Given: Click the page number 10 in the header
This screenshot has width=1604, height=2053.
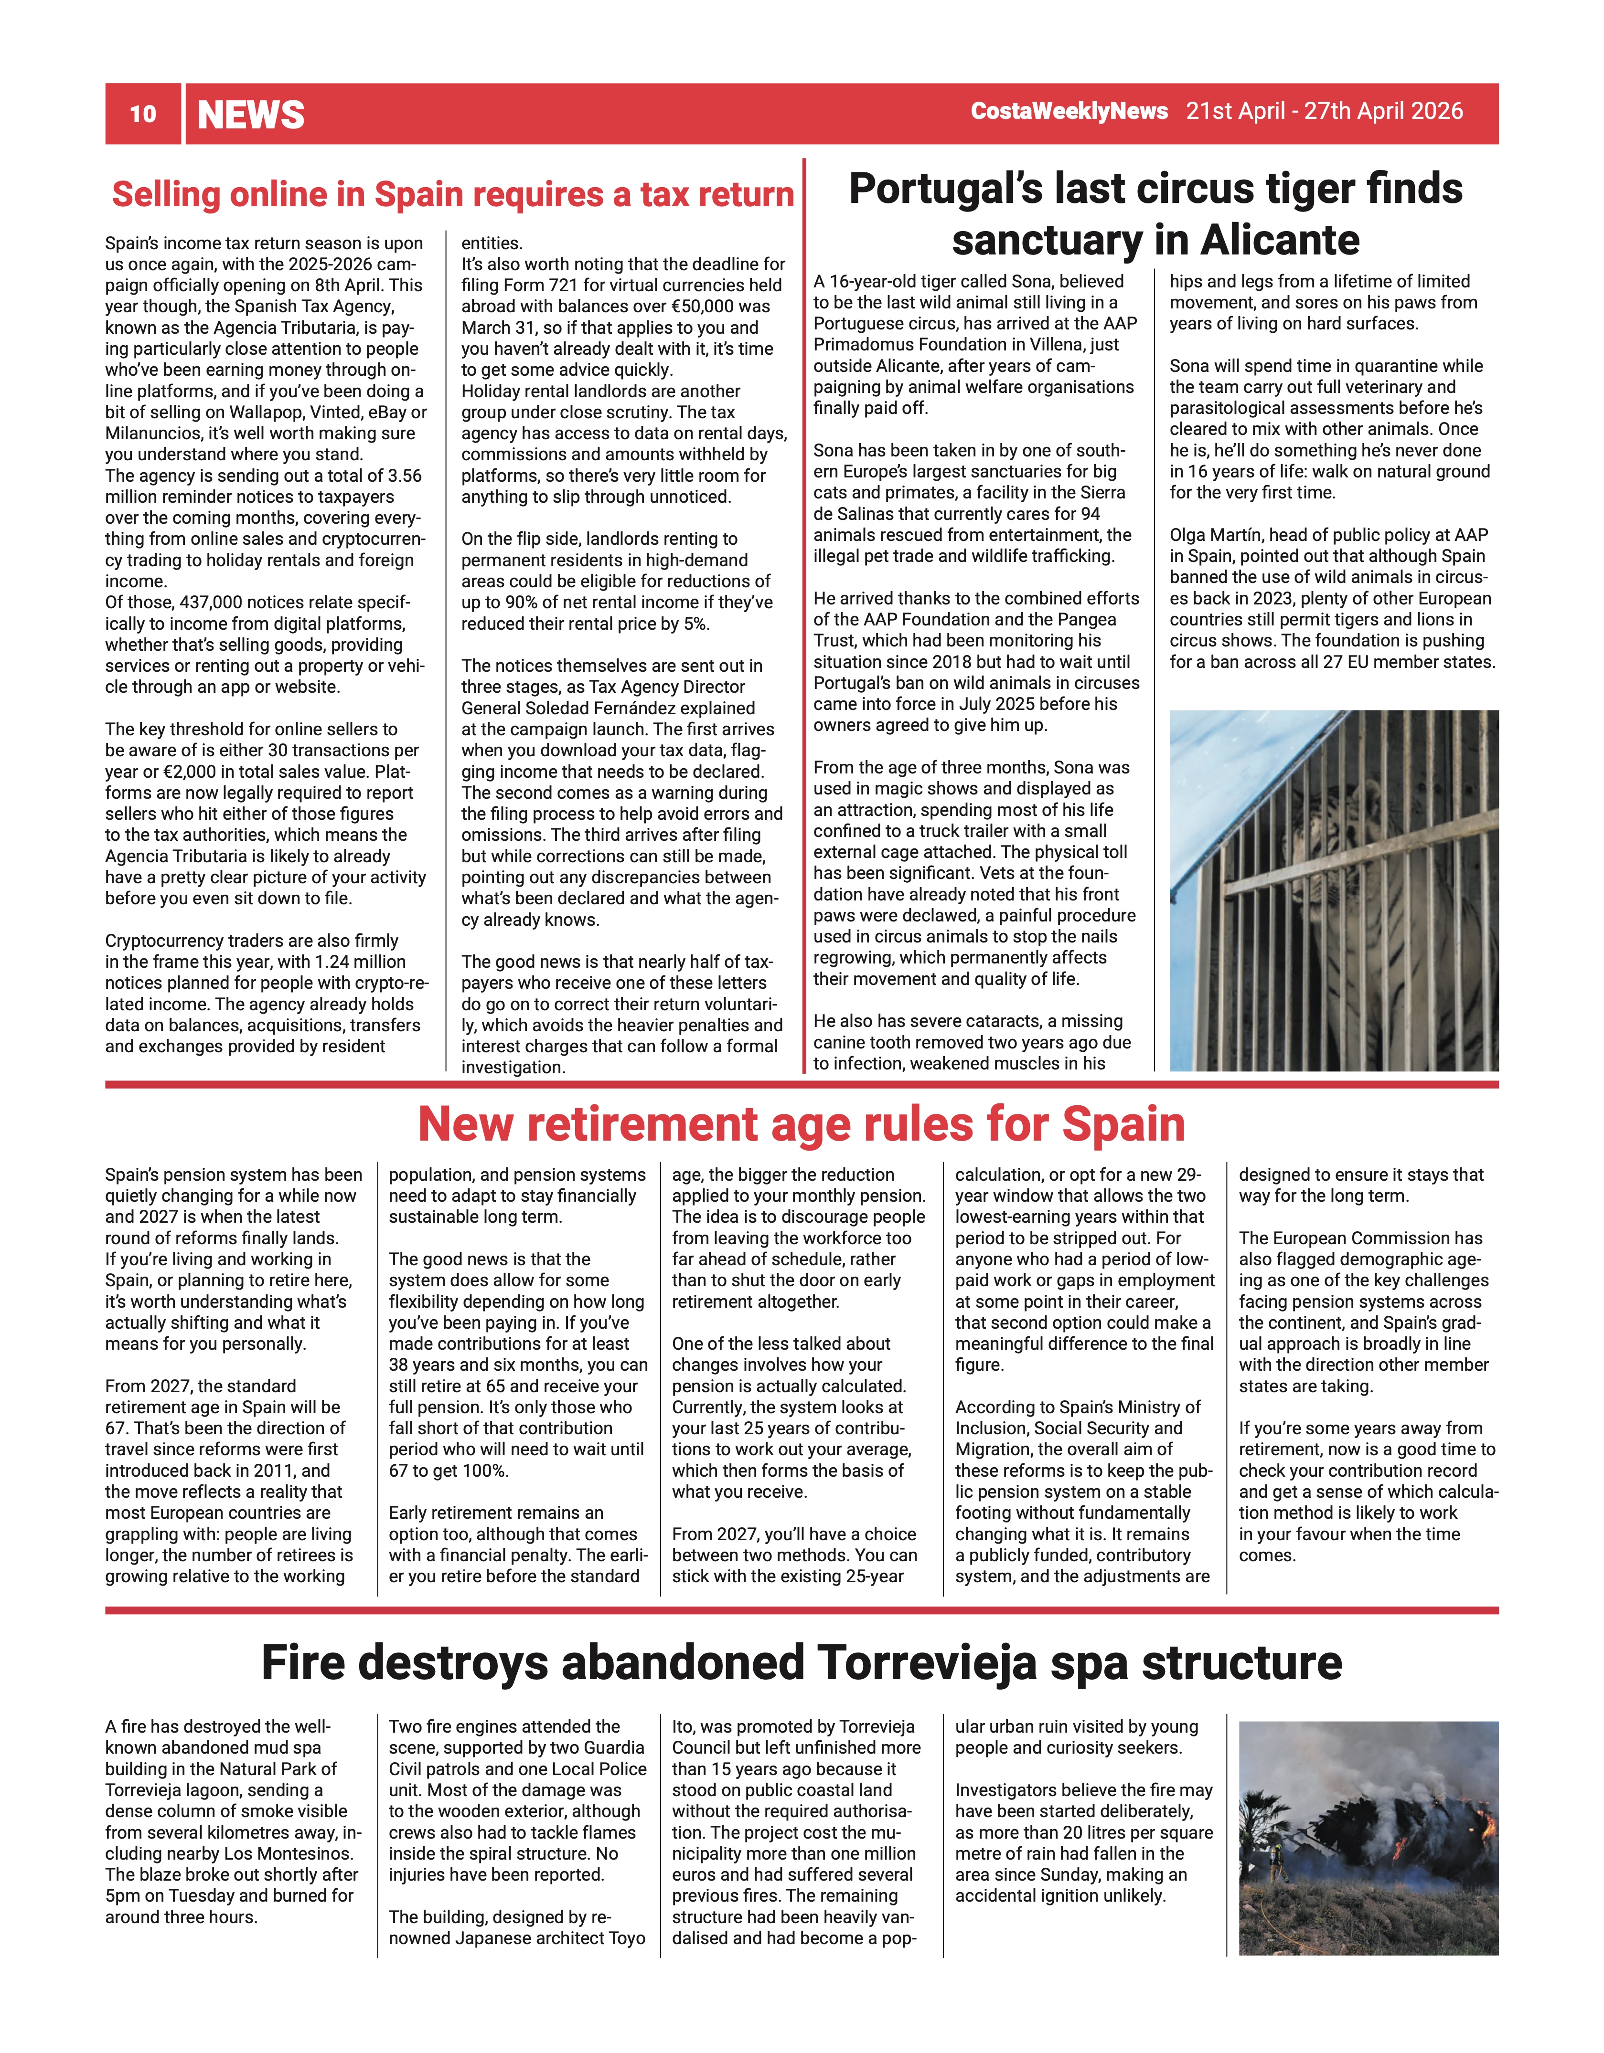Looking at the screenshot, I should point(143,114).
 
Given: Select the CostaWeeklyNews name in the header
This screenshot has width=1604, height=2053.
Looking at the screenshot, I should point(1069,111).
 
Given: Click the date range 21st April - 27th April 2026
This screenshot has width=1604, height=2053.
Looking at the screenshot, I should point(1324,111).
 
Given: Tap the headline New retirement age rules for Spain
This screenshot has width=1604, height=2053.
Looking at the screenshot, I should point(801,1124).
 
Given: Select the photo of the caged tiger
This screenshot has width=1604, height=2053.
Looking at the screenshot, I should point(1333,890).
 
